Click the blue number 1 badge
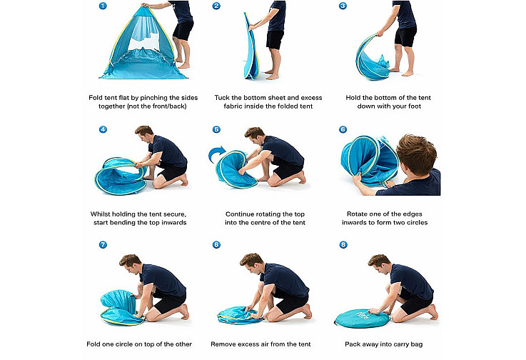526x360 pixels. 103,6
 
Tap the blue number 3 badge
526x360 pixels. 343,6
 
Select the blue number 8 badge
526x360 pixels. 343,244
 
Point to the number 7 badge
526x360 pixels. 103,244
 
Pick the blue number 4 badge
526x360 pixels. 103,129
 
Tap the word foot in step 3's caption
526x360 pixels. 415,106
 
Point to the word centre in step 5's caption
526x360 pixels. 268,222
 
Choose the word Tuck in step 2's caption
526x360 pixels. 222,98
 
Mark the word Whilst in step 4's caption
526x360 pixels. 100,214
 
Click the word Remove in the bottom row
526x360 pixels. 223,344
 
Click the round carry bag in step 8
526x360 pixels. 363,319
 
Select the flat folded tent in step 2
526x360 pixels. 252,47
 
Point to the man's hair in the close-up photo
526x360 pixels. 415,153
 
